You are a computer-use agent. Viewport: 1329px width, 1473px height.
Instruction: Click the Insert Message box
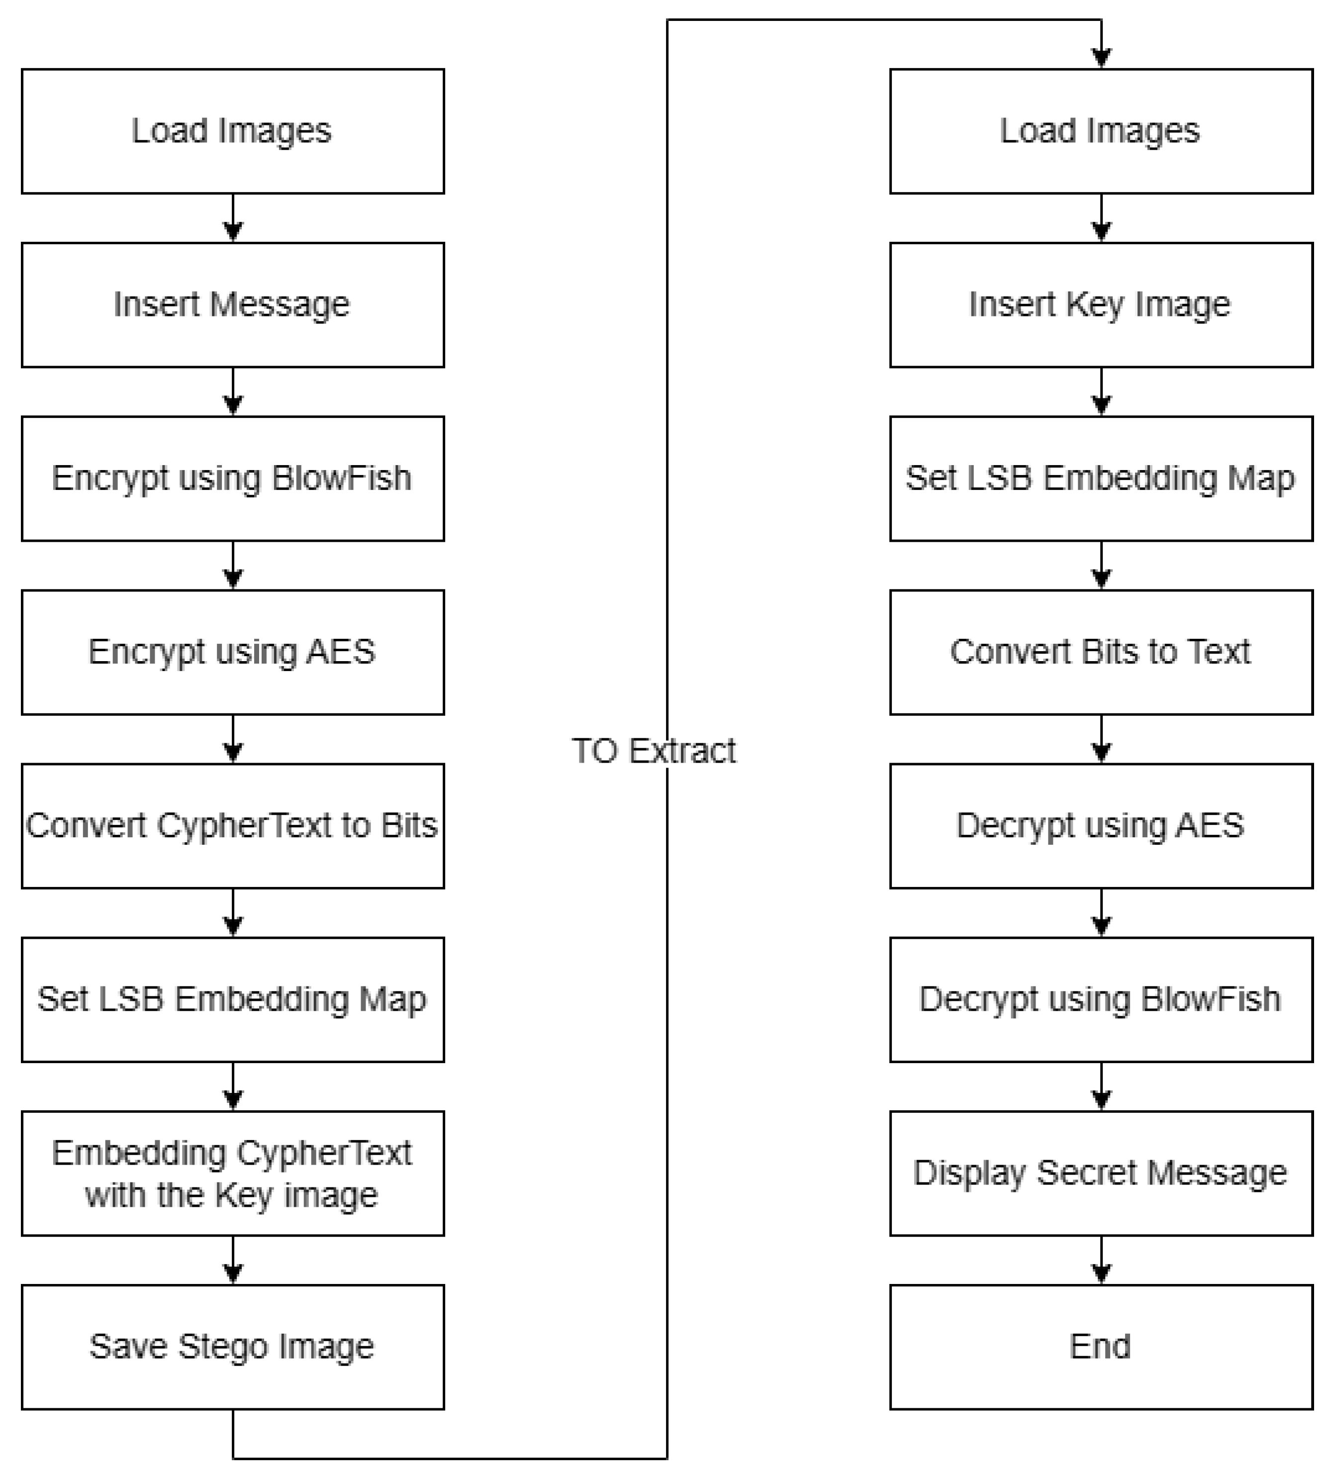pos(232,304)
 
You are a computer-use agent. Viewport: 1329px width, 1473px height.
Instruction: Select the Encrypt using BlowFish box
pos(232,479)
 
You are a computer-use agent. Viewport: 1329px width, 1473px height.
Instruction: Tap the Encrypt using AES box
pos(232,652)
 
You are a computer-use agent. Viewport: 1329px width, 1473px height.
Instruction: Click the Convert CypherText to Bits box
pos(232,826)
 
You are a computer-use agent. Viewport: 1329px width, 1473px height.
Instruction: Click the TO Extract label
pos(654,751)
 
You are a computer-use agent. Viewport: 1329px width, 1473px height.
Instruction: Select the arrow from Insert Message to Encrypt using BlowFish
pos(232,392)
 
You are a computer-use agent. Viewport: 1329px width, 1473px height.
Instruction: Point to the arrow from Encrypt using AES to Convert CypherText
pos(232,740)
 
